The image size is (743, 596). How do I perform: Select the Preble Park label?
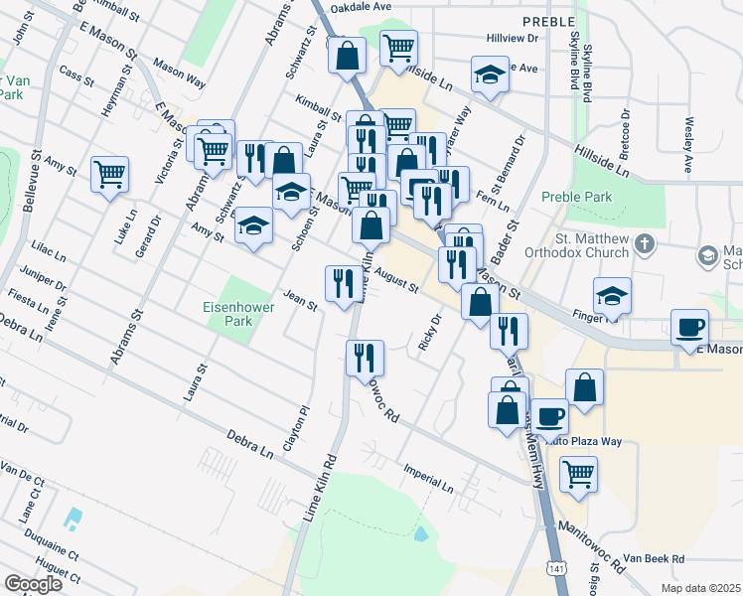click(576, 197)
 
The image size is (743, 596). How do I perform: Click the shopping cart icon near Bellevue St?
click(110, 175)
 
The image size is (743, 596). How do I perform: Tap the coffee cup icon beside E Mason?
click(689, 327)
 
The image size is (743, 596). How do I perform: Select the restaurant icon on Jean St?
click(340, 283)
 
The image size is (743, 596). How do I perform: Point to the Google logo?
click(33, 583)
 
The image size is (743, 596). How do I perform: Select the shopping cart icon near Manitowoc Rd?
click(578, 474)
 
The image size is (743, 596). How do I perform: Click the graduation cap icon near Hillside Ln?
click(490, 74)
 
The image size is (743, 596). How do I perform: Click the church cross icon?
click(643, 243)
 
